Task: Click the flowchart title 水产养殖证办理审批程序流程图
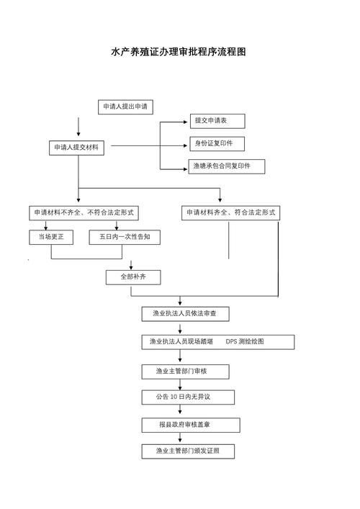pyautogui.click(x=179, y=52)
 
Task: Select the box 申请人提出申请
pyautogui.click(x=125, y=107)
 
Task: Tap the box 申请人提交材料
pyautogui.click(x=76, y=148)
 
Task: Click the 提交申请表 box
pyautogui.click(x=217, y=121)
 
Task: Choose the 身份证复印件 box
pyautogui.click(x=217, y=144)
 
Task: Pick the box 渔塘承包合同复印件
pyautogui.click(x=227, y=166)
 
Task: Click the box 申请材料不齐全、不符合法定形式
pyautogui.click(x=84, y=213)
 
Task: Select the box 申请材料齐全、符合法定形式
pyautogui.click(x=230, y=213)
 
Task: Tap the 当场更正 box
pyautogui.click(x=51, y=238)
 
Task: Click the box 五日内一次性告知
pyautogui.click(x=125, y=238)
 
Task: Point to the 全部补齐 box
pyautogui.click(x=133, y=278)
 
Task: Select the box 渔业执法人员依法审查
pyautogui.click(x=185, y=314)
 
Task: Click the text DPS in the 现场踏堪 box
pyautogui.click(x=231, y=341)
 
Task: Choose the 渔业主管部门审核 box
pyautogui.click(x=185, y=371)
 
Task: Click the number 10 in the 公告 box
pyautogui.click(x=174, y=397)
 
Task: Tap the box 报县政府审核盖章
pyautogui.click(x=191, y=425)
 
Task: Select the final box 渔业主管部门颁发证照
pyautogui.click(x=188, y=451)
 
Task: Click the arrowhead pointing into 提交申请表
pyautogui.click(x=186, y=122)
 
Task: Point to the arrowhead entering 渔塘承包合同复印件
pyautogui.click(x=186, y=169)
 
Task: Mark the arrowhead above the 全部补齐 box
pyautogui.click(x=131, y=267)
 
